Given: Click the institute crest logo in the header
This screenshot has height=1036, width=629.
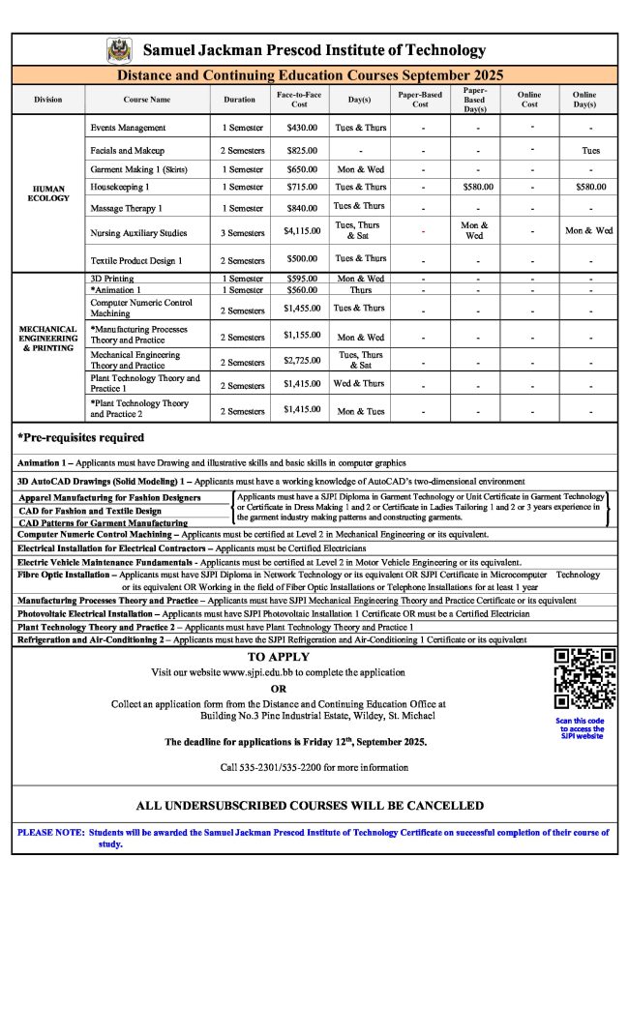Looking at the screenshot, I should coord(119,49).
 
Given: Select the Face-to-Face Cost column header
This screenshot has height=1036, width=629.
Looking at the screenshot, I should coord(299,99).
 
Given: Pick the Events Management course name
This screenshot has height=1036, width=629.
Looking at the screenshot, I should coord(128,128).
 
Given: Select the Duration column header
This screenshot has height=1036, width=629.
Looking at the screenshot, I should coord(240,99).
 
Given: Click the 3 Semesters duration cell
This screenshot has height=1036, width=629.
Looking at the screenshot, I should coord(242,232).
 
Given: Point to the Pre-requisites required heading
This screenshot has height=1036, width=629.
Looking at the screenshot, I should coord(81,437).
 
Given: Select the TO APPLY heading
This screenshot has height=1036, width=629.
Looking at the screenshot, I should coord(279,657).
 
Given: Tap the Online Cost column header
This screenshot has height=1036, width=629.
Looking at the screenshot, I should coord(529,99).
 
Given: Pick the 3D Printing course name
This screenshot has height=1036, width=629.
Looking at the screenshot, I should coord(112,279).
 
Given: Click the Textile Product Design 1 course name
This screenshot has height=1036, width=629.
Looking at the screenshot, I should coord(136,260).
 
